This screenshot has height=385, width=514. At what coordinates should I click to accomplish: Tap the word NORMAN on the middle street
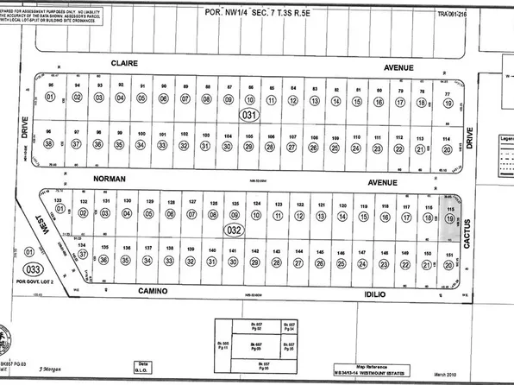(x=106, y=179)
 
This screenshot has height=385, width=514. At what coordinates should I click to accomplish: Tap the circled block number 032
(x=234, y=230)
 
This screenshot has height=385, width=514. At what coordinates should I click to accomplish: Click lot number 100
(x=141, y=135)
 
